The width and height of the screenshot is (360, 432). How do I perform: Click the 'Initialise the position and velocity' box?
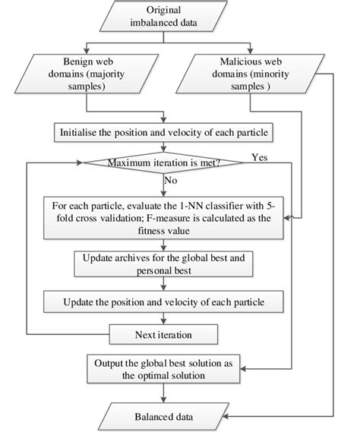[164, 131]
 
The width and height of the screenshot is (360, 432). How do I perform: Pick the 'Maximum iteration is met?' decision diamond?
[164, 162]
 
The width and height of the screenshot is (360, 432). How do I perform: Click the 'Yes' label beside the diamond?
[258, 157]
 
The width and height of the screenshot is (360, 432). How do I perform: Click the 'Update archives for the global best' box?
[164, 263]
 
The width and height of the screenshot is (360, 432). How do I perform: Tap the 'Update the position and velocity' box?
[164, 302]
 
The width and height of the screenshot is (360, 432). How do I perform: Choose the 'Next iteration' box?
[164, 333]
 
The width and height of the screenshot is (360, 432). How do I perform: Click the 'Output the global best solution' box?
[164, 367]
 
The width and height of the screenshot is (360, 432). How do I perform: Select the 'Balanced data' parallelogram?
[164, 417]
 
